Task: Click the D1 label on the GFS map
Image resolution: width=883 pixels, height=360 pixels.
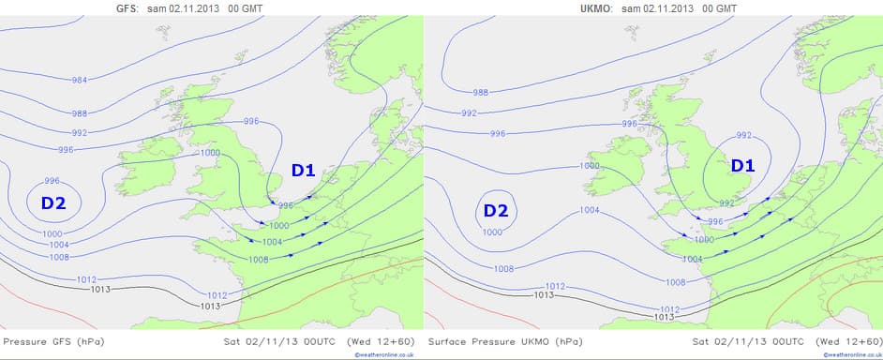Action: point(303,170)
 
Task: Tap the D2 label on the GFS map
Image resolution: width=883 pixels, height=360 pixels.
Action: point(52,202)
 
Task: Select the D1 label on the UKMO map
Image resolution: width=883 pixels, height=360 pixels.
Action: point(742,166)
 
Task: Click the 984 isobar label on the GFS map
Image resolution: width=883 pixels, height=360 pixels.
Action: point(82,80)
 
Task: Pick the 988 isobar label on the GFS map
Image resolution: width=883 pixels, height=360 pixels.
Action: point(82,113)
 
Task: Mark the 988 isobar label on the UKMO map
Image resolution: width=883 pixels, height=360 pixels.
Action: point(480,92)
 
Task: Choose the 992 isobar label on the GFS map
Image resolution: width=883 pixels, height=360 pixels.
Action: point(80,133)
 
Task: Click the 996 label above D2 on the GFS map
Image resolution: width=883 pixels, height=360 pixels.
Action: point(52,181)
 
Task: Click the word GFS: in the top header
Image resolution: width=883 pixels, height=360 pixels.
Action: point(126,8)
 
